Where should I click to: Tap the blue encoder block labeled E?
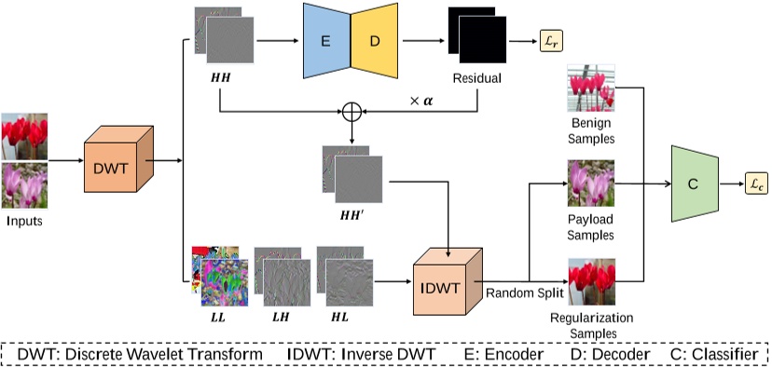coord(323,41)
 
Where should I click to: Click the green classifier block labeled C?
coord(692,184)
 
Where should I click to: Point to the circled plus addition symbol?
coord(352,111)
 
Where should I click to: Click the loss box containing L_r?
coord(551,42)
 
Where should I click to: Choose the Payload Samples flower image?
coord(590,183)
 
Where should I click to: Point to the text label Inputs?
coord(25,221)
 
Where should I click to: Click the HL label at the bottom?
coord(340,318)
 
